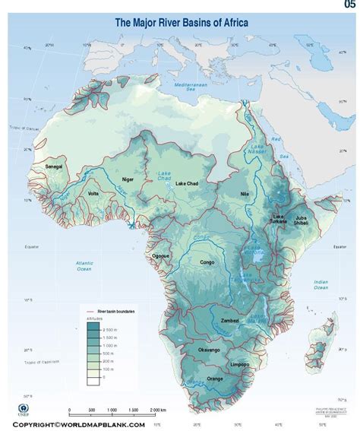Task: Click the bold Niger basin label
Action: tap(128, 179)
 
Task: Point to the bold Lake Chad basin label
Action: tap(188, 183)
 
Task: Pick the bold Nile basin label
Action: tap(244, 195)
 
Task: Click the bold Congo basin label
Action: tap(207, 262)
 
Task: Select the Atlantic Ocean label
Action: tap(84, 266)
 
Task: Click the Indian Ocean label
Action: tap(322, 284)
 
